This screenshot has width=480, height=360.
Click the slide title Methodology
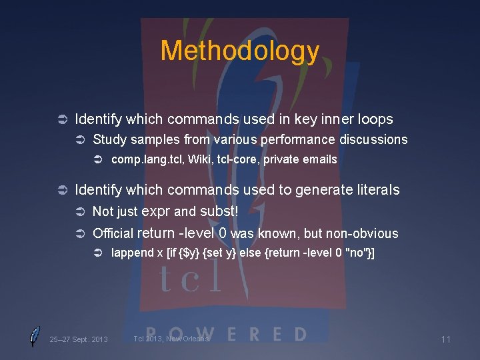(240, 51)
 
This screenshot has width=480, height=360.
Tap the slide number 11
(446, 339)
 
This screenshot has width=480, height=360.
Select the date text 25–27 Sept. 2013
(79, 339)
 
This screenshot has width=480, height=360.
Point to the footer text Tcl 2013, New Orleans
(171, 339)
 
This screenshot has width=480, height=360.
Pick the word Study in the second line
(109, 139)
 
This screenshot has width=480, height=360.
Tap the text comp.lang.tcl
(138, 159)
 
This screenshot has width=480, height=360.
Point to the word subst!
(219, 211)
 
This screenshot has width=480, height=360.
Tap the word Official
(113, 233)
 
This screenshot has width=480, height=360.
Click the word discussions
(373, 139)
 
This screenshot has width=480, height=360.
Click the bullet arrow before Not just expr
(81, 212)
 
